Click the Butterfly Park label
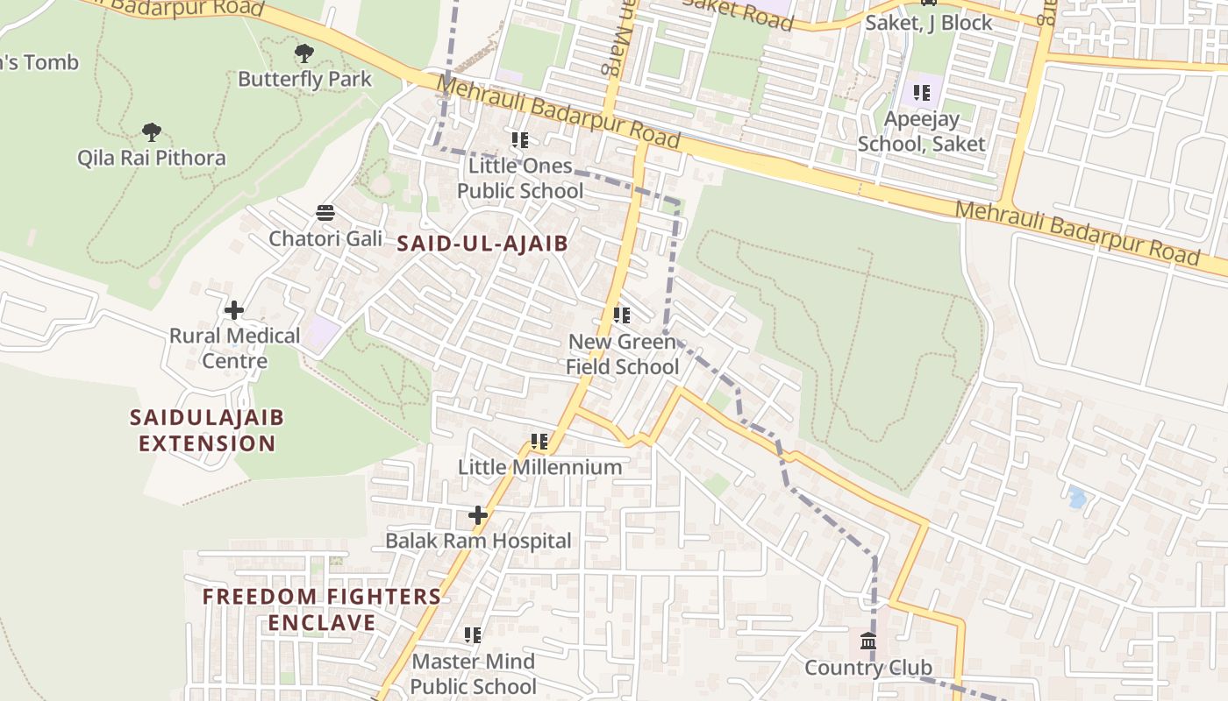pos(305,79)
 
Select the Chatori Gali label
pos(325,238)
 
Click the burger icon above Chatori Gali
pos(325,213)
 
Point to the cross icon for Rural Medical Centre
pos(234,310)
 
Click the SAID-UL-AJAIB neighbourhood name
pos(482,244)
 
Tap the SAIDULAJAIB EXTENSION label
pos(207,430)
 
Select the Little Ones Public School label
pos(520,178)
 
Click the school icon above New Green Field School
pos(622,315)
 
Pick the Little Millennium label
pos(540,467)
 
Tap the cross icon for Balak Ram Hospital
pos(478,515)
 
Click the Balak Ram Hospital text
pos(478,541)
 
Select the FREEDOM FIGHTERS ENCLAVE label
pos(322,610)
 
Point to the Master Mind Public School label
pos(473,673)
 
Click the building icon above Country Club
pos(868,642)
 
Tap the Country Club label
pos(868,668)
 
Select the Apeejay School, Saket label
pos(921,131)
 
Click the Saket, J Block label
pos(928,23)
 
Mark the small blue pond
pos(1077,499)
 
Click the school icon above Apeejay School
pos(921,93)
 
